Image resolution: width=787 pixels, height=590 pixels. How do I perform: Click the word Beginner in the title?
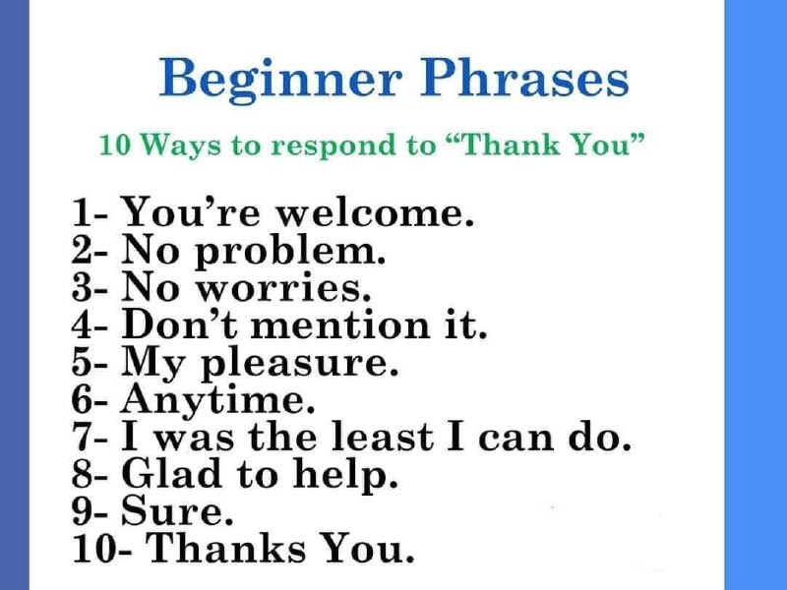[x=280, y=81]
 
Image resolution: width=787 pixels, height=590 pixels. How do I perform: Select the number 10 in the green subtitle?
[x=115, y=146]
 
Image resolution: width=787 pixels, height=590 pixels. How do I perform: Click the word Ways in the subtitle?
[x=180, y=147]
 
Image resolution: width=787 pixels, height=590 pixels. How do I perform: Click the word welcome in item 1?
[x=376, y=213]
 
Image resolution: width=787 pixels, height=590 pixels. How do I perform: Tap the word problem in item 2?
[x=290, y=252]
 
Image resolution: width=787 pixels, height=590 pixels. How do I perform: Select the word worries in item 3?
[x=283, y=288]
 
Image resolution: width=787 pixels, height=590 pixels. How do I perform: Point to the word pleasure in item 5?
[x=300, y=364]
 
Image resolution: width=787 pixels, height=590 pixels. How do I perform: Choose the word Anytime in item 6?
[x=217, y=400]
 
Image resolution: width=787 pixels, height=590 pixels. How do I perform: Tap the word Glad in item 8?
[x=171, y=473]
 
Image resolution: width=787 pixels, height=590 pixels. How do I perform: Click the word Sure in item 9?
[x=178, y=510]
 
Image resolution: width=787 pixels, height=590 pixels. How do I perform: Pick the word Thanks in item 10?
[x=226, y=547]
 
